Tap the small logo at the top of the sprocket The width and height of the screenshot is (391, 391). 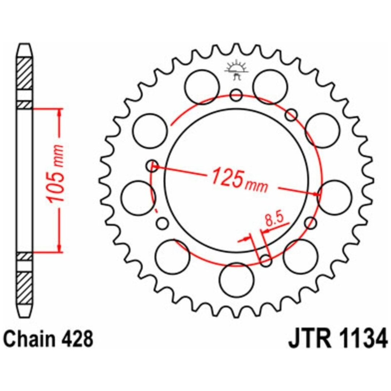[x=236, y=71]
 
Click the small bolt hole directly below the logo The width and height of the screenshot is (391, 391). [x=236, y=95]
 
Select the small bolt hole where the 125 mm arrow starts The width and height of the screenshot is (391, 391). [x=152, y=165]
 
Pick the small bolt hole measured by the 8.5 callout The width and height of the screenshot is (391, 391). [x=266, y=260]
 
